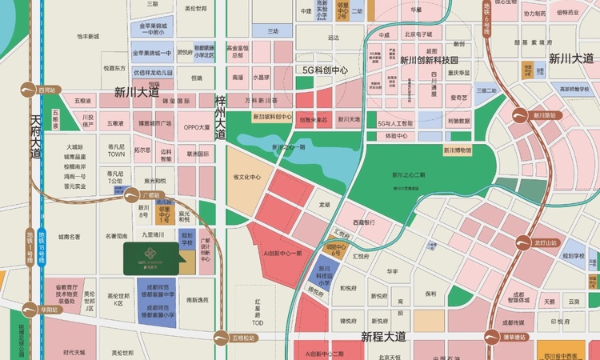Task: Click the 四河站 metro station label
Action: [x=46, y=90]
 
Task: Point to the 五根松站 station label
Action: [x=242, y=338]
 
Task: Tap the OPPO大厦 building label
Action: [x=197, y=126]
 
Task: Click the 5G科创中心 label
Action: [x=324, y=70]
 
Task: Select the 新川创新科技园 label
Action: [x=430, y=60]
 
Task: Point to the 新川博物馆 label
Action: [x=455, y=150]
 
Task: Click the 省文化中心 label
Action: [x=247, y=177]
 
